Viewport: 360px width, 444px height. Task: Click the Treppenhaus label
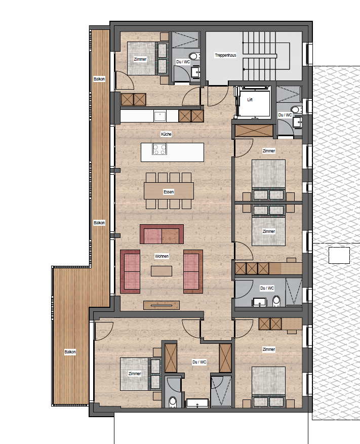tap(225, 55)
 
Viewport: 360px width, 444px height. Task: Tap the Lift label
tap(250, 100)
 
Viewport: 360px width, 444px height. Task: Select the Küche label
tap(166, 134)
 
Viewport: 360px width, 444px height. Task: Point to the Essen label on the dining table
tap(169, 192)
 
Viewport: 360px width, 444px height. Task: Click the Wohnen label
tap(162, 256)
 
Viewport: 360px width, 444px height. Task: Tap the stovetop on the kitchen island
tap(159, 149)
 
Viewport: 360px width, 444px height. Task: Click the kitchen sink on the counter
tap(160, 116)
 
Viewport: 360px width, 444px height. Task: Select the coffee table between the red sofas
tap(161, 271)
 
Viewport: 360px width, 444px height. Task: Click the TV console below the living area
tap(162, 305)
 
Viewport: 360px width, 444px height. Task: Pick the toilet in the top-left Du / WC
tap(194, 56)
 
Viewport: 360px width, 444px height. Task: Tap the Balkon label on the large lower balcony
tap(70, 352)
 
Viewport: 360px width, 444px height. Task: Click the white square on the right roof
tap(339, 255)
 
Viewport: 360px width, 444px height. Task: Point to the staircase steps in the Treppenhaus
tap(259, 56)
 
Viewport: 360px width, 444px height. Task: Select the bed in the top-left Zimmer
tap(141, 58)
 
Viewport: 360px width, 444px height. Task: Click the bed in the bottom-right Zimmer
tap(268, 387)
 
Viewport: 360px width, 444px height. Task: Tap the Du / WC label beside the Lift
tap(285, 115)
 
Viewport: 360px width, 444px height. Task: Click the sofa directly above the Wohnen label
tap(162, 234)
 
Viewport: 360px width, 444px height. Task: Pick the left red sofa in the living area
tap(130, 271)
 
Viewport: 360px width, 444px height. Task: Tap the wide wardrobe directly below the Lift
tap(254, 131)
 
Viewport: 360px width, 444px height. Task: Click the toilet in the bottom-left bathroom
tap(173, 402)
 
